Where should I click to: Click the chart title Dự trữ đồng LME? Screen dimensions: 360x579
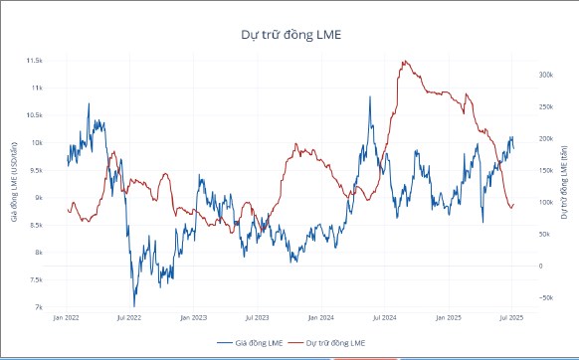pos(289,34)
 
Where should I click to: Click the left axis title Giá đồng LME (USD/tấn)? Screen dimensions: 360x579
pos(14,184)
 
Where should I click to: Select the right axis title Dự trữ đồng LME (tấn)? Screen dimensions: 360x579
pos(564,184)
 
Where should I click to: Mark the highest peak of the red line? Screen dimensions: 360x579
pos(403,62)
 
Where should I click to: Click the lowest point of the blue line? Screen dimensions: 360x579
pos(134,305)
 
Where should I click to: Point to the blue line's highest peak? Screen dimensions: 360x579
pos(89,102)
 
